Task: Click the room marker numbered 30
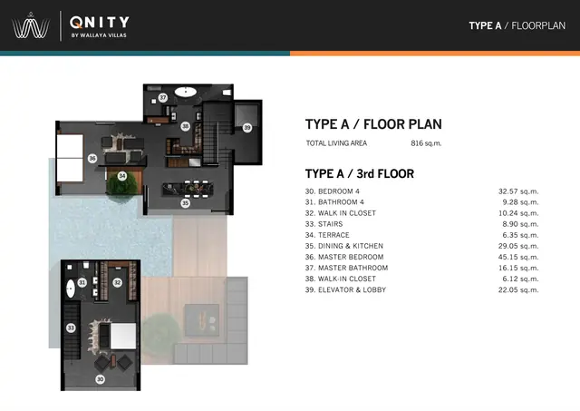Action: [x=101, y=379]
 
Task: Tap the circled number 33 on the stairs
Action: [x=71, y=328]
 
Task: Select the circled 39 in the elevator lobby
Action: [x=247, y=128]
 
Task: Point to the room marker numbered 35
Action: [x=185, y=203]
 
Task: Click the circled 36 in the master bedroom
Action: [x=92, y=159]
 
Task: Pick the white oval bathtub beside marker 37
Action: [x=185, y=92]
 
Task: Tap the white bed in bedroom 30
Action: [x=123, y=336]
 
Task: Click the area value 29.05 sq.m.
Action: [x=518, y=246]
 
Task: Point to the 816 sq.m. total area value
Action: [x=426, y=143]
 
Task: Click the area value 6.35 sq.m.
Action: [x=520, y=235]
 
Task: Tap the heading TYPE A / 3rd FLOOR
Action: [x=360, y=173]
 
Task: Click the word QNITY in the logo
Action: [x=100, y=22]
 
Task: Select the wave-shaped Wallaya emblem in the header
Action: [x=31, y=26]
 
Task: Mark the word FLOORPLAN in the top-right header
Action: [x=538, y=25]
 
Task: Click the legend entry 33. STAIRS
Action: [x=324, y=224]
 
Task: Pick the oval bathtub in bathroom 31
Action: [x=71, y=289]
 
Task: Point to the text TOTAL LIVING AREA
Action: [x=336, y=143]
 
